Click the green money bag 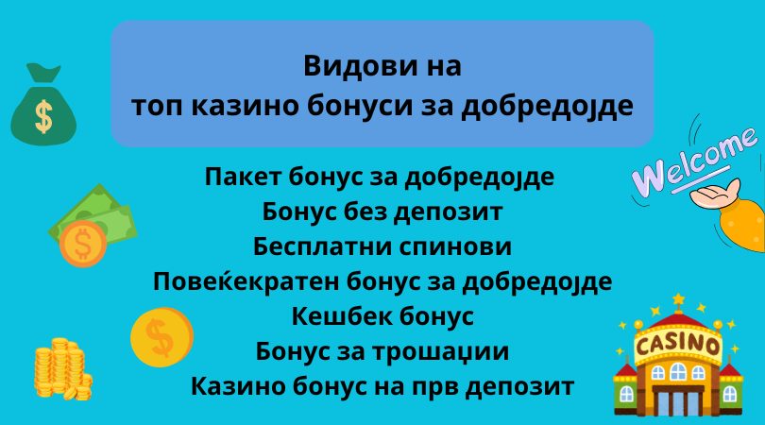(43, 105)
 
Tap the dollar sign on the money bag (43, 116)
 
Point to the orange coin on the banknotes (83, 244)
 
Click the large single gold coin (161, 336)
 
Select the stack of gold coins (62, 368)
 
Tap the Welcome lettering (694, 160)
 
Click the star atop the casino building (678, 298)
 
